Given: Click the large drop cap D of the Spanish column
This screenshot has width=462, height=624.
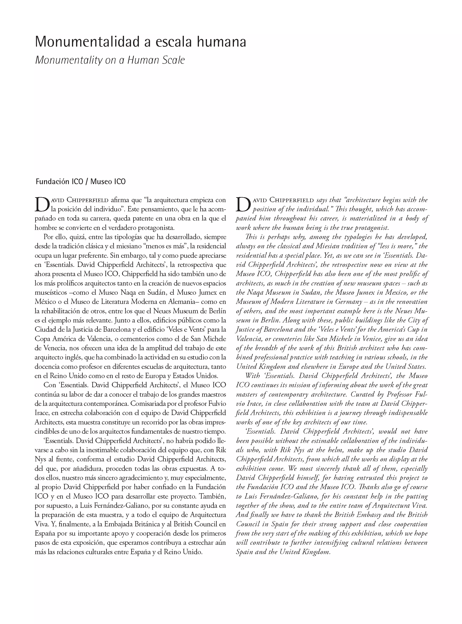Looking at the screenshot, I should point(42,204).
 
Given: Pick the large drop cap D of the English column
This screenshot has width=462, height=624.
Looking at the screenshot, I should point(243,204).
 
